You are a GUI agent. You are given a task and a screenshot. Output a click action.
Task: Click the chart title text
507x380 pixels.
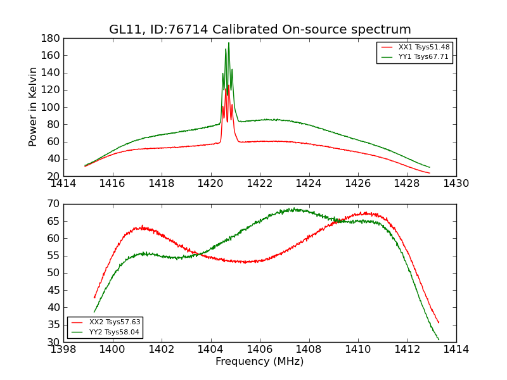pos(260,30)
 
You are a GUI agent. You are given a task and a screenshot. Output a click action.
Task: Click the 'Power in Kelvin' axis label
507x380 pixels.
pos(33,108)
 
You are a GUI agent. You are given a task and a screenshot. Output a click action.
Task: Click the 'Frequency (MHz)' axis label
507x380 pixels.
pos(260,362)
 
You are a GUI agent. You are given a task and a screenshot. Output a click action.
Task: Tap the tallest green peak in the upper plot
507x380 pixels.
pos(229,43)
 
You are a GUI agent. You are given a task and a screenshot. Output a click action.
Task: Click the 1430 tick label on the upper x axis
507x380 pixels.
pos(456,184)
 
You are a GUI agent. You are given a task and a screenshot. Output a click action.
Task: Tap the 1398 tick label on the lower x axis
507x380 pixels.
pos(63,350)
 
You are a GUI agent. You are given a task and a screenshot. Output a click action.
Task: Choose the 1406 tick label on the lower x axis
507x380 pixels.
pos(260,350)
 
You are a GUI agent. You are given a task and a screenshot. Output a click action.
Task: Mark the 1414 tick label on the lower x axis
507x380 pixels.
pos(456,350)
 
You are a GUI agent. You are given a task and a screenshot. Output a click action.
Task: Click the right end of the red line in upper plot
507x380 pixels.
pos(430,173)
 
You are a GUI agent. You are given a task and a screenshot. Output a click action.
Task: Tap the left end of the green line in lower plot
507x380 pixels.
pos(94,312)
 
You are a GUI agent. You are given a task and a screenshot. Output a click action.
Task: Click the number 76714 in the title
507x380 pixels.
pos(197,30)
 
